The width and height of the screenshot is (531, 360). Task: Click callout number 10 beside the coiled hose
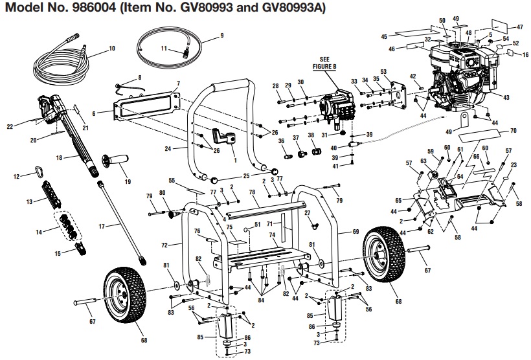[112, 49]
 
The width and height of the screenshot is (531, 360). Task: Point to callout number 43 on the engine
[506, 97]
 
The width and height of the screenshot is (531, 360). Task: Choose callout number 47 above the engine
[519, 27]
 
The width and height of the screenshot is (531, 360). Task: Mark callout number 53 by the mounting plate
[384, 71]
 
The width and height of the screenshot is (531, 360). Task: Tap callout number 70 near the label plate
[514, 131]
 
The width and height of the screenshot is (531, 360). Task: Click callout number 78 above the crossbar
[253, 192]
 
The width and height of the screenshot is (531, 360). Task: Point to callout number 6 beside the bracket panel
[94, 113]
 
